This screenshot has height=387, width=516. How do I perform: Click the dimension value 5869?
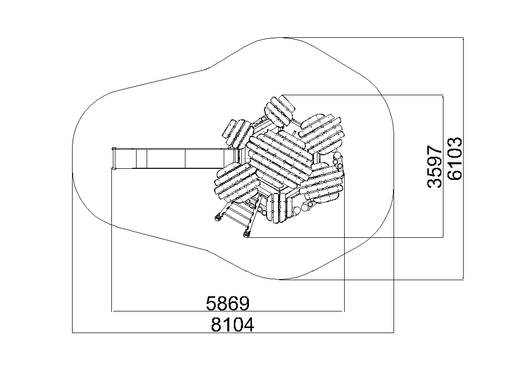click(x=228, y=303)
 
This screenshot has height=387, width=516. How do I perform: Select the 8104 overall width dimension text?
click(x=232, y=325)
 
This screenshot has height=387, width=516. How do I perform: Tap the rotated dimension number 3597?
click(x=434, y=166)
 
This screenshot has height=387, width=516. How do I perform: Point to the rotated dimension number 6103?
click(x=455, y=159)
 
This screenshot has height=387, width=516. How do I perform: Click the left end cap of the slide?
click(x=114, y=159)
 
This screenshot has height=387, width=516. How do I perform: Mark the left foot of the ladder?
click(x=218, y=218)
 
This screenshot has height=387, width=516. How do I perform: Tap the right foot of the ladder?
click(x=246, y=234)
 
